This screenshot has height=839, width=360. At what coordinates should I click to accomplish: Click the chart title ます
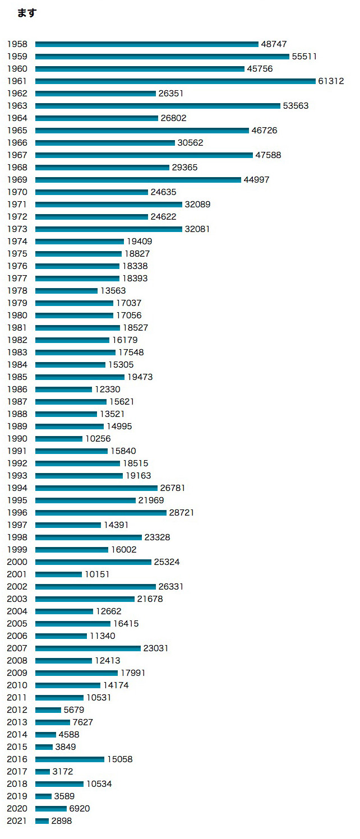pos(26,13)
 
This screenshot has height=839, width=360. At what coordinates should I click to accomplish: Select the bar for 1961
pos(175,81)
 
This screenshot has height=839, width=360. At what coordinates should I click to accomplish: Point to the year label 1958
pos(17,44)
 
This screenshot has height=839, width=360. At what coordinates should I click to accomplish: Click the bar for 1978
pos(66,291)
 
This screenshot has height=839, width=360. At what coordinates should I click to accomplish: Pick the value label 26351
pos(171,94)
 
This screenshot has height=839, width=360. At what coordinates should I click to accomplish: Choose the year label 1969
pos(17,180)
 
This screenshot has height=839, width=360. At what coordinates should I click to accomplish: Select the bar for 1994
pos(96,488)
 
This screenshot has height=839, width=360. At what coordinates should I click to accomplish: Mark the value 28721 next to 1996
pos(182,513)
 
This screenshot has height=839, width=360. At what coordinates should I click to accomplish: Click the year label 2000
pos(17,562)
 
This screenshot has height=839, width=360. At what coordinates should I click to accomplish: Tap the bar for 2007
pos(87,648)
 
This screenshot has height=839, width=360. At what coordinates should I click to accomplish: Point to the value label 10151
pos(97,574)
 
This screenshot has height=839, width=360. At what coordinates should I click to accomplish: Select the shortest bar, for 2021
pos(42,821)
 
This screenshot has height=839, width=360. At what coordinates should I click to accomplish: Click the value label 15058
pos(120,759)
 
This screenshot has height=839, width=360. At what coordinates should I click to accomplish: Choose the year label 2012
pos(17,710)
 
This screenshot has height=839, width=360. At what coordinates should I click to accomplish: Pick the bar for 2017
pos(43,772)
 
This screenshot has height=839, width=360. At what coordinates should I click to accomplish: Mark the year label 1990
pos(17,439)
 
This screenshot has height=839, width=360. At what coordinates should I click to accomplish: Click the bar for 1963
pos(158,106)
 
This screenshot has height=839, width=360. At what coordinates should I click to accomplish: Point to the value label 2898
pos(62,821)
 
